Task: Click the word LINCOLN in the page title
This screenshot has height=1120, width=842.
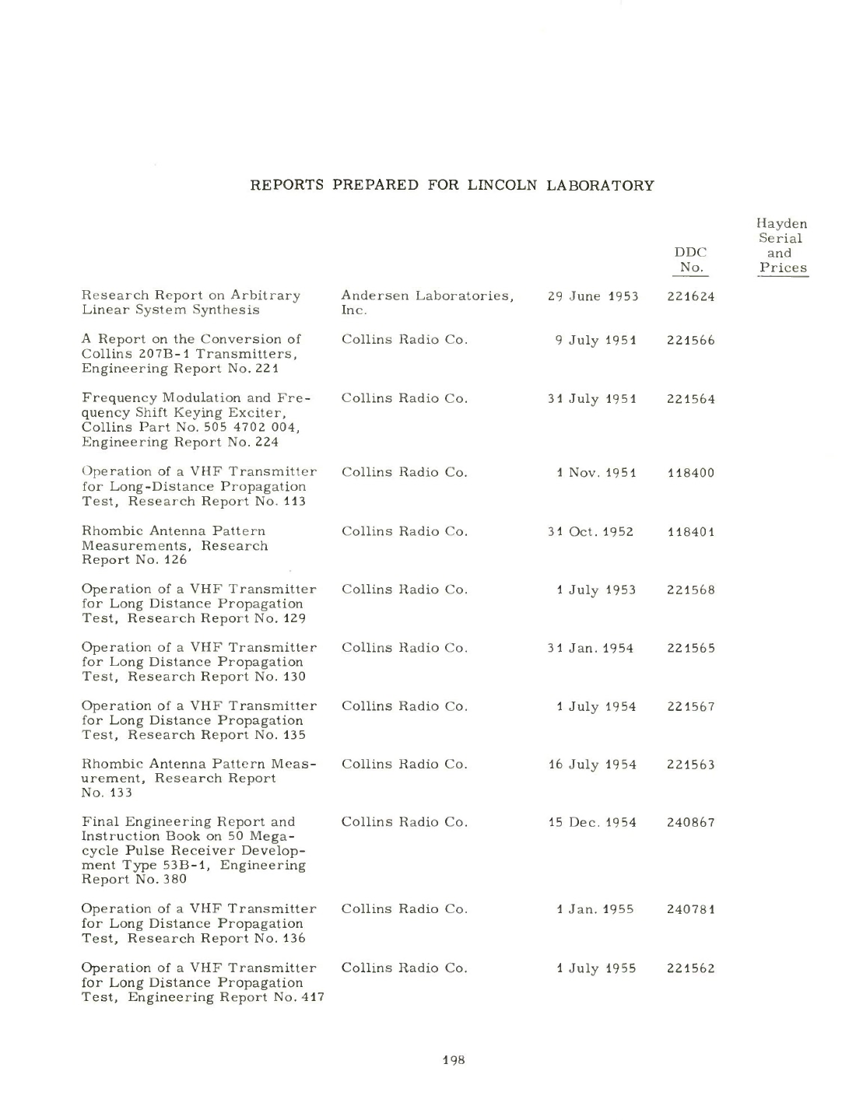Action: (502, 185)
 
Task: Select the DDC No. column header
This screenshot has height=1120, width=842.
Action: (690, 260)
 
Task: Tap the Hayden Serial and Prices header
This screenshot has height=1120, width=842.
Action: (783, 246)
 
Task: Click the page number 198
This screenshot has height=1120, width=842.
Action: (453, 1059)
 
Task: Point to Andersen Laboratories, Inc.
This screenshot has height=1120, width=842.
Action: (427, 303)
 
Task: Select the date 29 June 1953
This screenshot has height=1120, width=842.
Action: (592, 296)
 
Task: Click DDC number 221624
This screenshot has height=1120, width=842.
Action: (690, 296)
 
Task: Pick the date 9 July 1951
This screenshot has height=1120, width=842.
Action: (595, 340)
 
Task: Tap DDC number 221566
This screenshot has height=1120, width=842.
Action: (690, 340)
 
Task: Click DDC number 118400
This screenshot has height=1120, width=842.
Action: (690, 473)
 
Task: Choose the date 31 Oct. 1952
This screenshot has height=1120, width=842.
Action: (591, 532)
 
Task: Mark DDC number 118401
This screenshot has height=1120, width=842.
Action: (690, 532)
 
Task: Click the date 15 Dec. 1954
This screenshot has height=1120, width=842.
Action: (592, 822)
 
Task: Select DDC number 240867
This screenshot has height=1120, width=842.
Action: (690, 822)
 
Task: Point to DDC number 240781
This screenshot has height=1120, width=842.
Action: (690, 909)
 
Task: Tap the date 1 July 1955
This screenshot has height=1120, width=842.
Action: (596, 968)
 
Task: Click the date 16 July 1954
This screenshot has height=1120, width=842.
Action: (592, 765)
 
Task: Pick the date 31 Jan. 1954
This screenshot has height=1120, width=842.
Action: (591, 648)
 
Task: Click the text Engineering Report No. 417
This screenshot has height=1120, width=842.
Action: (226, 998)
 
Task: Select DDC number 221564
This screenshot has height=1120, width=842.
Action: (690, 399)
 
